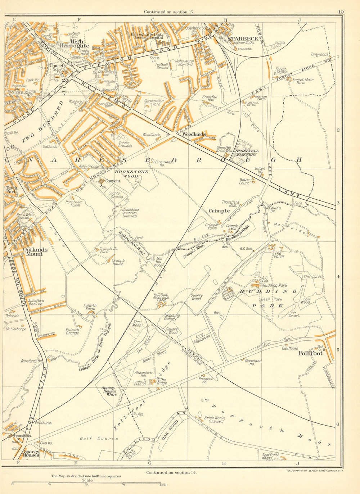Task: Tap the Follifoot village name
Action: [x=311, y=353]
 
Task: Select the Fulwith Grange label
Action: [x=72, y=331]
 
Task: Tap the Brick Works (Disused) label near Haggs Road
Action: [x=214, y=420]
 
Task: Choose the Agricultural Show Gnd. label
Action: [x=185, y=63]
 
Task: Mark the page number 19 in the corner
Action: [x=341, y=12]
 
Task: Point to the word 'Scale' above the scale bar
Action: [x=87, y=480]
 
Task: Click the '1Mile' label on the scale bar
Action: [x=163, y=485]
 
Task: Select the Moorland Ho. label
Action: [x=253, y=362]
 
